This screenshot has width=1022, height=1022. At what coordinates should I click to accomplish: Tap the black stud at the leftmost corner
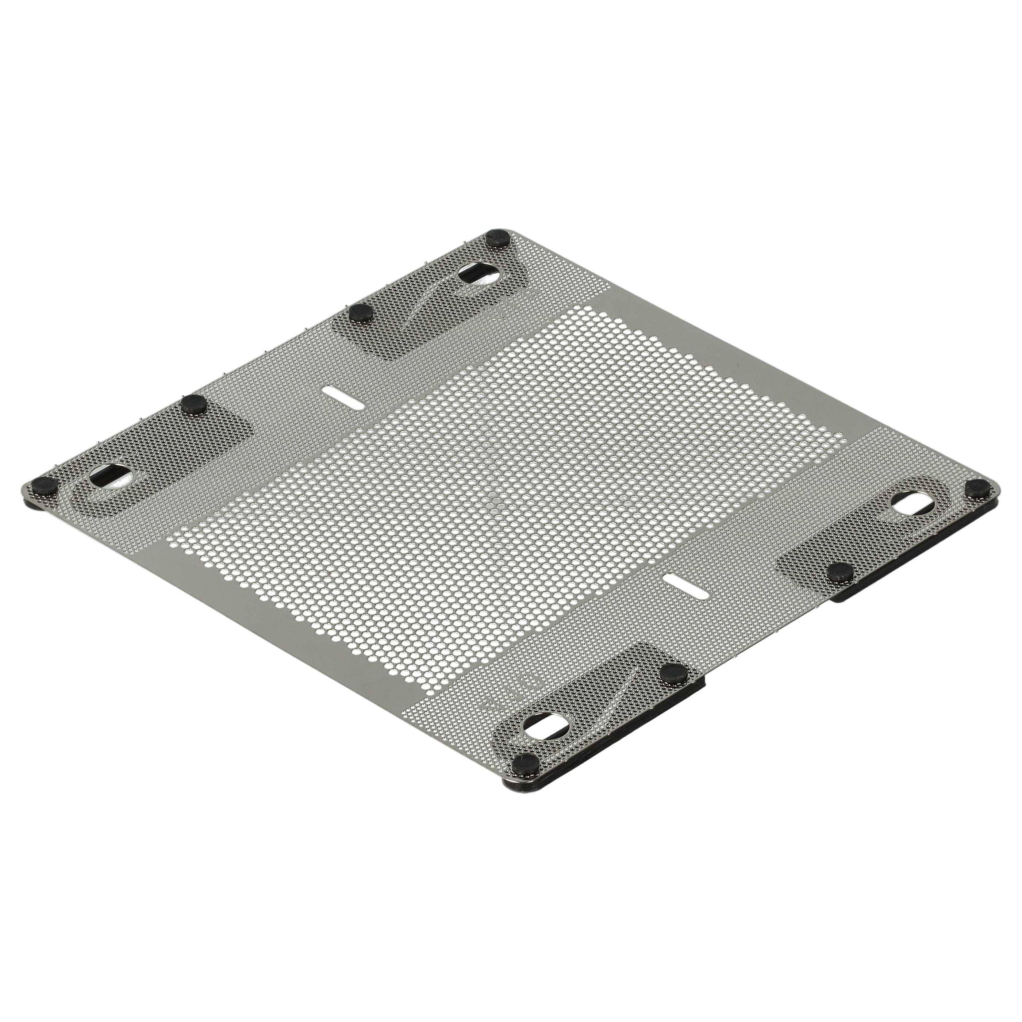[45, 485]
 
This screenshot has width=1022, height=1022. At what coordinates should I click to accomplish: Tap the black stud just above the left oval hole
[193, 405]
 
